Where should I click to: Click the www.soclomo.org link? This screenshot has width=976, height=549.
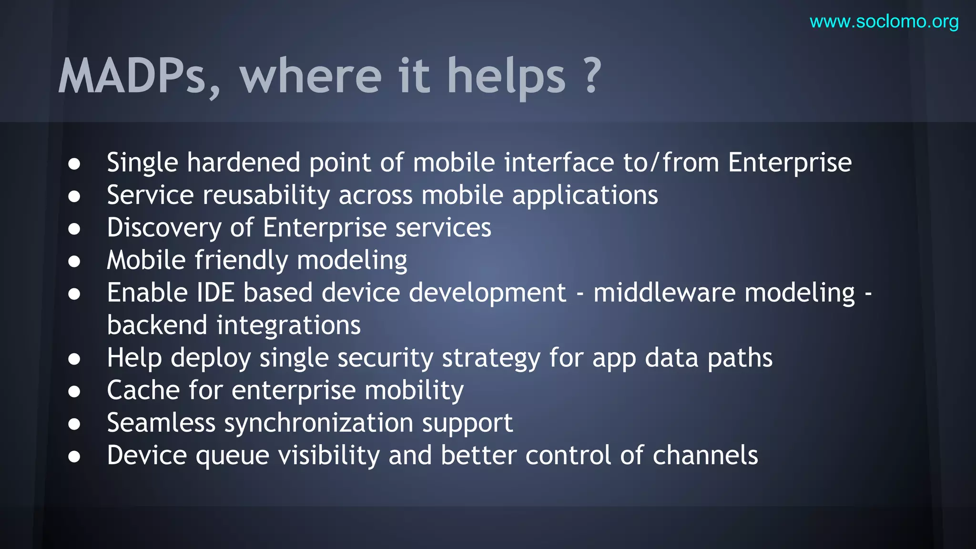tap(884, 22)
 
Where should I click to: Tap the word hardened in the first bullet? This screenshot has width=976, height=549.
tap(244, 163)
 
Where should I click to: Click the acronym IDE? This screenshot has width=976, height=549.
tap(215, 293)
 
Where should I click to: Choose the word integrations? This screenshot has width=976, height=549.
tap(288, 325)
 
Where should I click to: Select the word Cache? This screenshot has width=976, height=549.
tap(143, 390)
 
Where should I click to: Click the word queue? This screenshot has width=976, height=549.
tap(233, 456)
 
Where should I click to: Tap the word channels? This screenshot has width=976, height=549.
tap(705, 456)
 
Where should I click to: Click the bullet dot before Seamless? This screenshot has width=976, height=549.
tap(74, 424)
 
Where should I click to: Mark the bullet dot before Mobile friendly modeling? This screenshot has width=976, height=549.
tap(74, 261)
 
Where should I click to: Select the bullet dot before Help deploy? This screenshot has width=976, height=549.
tap(74, 359)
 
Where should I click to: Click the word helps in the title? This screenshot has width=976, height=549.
tap(506, 76)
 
